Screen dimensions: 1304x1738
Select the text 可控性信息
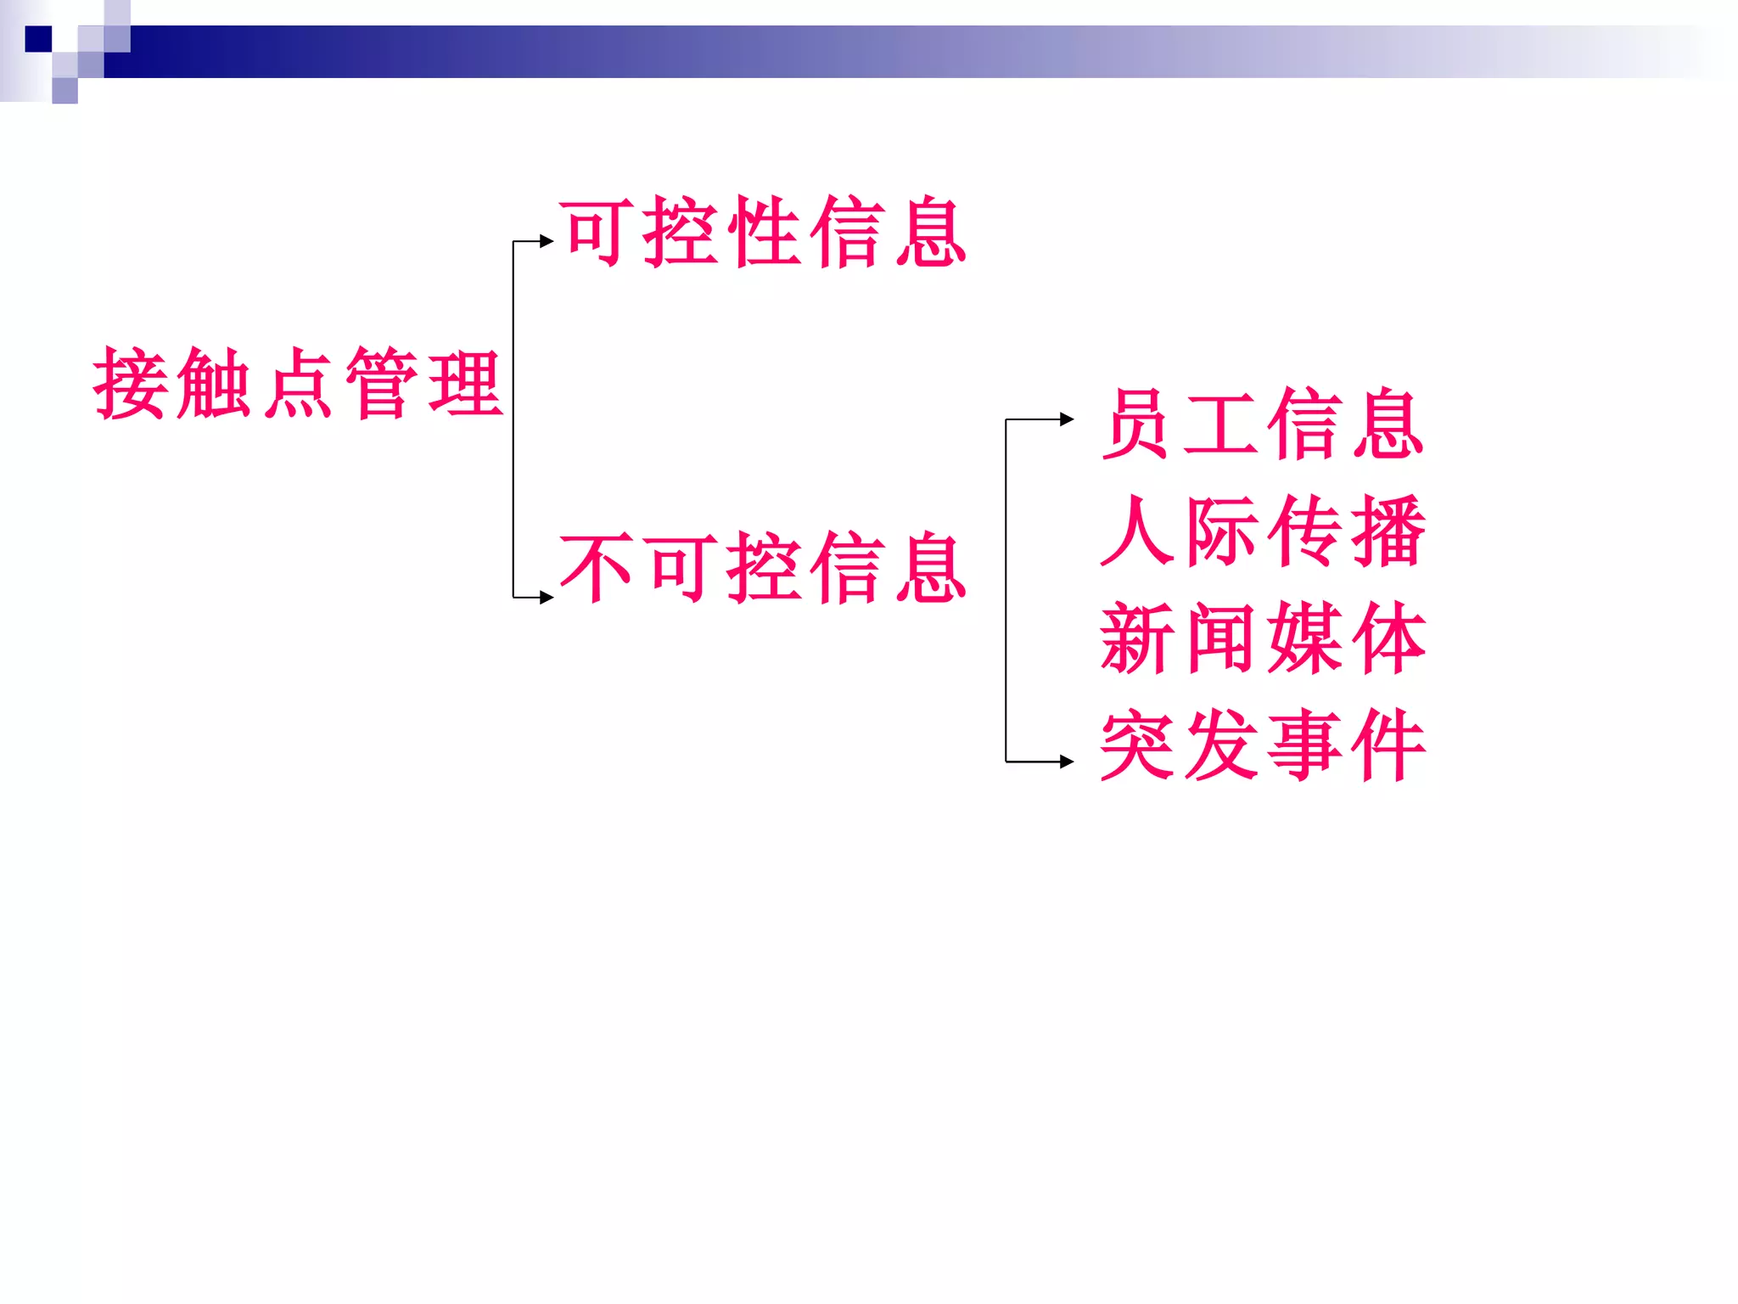(762, 233)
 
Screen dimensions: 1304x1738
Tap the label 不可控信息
(762, 568)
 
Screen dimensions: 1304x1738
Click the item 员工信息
(1261, 424)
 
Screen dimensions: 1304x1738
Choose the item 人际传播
(1261, 531)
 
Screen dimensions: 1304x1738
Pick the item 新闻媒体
(1261, 638)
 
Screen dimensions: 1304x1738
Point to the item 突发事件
(1261, 745)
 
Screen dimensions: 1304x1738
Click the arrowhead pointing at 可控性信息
(547, 242)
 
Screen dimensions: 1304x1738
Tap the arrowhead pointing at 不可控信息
(547, 598)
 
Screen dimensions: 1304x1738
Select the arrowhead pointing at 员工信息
(1068, 419)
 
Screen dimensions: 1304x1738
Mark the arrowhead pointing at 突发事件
(1068, 762)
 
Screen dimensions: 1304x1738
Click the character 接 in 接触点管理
(129, 384)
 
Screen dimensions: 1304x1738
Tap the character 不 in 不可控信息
(596, 568)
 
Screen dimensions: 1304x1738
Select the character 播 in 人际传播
(1388, 531)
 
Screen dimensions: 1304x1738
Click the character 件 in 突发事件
(1388, 745)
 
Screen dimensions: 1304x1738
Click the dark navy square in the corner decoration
(38, 39)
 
